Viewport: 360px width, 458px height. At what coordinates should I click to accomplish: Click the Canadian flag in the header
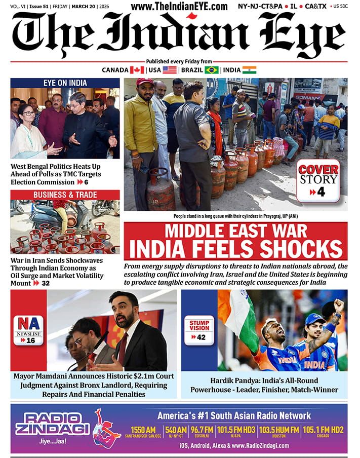[x=137, y=70]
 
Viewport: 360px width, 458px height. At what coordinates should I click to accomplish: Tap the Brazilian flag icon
[x=212, y=70]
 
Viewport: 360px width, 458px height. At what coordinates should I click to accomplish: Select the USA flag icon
[x=170, y=70]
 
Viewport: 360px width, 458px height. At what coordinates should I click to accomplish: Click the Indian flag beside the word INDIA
[x=249, y=70]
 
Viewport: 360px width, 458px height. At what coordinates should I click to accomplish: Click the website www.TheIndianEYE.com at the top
[x=179, y=7]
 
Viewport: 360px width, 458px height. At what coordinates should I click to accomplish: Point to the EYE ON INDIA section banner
[x=65, y=83]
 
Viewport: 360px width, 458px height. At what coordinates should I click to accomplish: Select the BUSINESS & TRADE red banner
[x=65, y=195]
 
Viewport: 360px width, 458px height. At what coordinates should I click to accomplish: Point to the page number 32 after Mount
[x=46, y=283]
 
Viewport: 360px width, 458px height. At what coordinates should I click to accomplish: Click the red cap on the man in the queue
[x=145, y=82]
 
